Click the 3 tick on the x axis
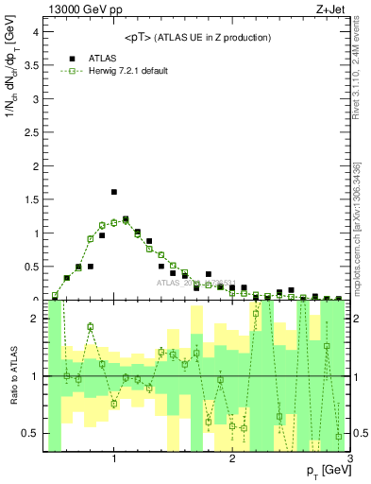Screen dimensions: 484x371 350,459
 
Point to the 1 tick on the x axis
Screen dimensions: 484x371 114,459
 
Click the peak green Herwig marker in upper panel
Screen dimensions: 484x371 126,219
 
